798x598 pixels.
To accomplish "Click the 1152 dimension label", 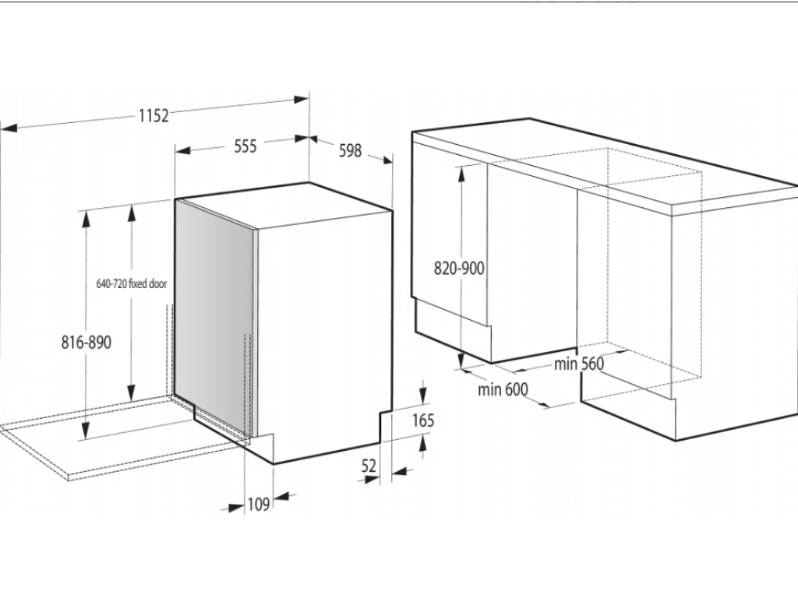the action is pyautogui.click(x=154, y=116).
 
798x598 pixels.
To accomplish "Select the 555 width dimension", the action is pyautogui.click(x=245, y=146).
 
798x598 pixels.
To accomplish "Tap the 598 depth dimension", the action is pyautogui.click(x=350, y=150).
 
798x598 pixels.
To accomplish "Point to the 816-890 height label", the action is pyautogui.click(x=86, y=343).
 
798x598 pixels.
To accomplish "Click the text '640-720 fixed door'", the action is pyautogui.click(x=131, y=283).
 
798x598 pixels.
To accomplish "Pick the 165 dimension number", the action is pyautogui.click(x=423, y=420).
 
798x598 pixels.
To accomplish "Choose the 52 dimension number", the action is pyautogui.click(x=369, y=466).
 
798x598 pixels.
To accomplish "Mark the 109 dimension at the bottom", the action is pyautogui.click(x=259, y=505).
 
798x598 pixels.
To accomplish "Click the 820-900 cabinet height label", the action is pyautogui.click(x=459, y=268).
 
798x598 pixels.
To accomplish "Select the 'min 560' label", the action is pyautogui.click(x=579, y=364).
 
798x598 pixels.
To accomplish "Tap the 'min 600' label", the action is pyautogui.click(x=503, y=389).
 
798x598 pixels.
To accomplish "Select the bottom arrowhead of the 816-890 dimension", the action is pyautogui.click(x=86, y=431).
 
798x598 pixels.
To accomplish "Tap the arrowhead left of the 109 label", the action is pyautogui.click(x=236, y=507).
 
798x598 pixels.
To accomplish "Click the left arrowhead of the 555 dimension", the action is pyautogui.click(x=182, y=150).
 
